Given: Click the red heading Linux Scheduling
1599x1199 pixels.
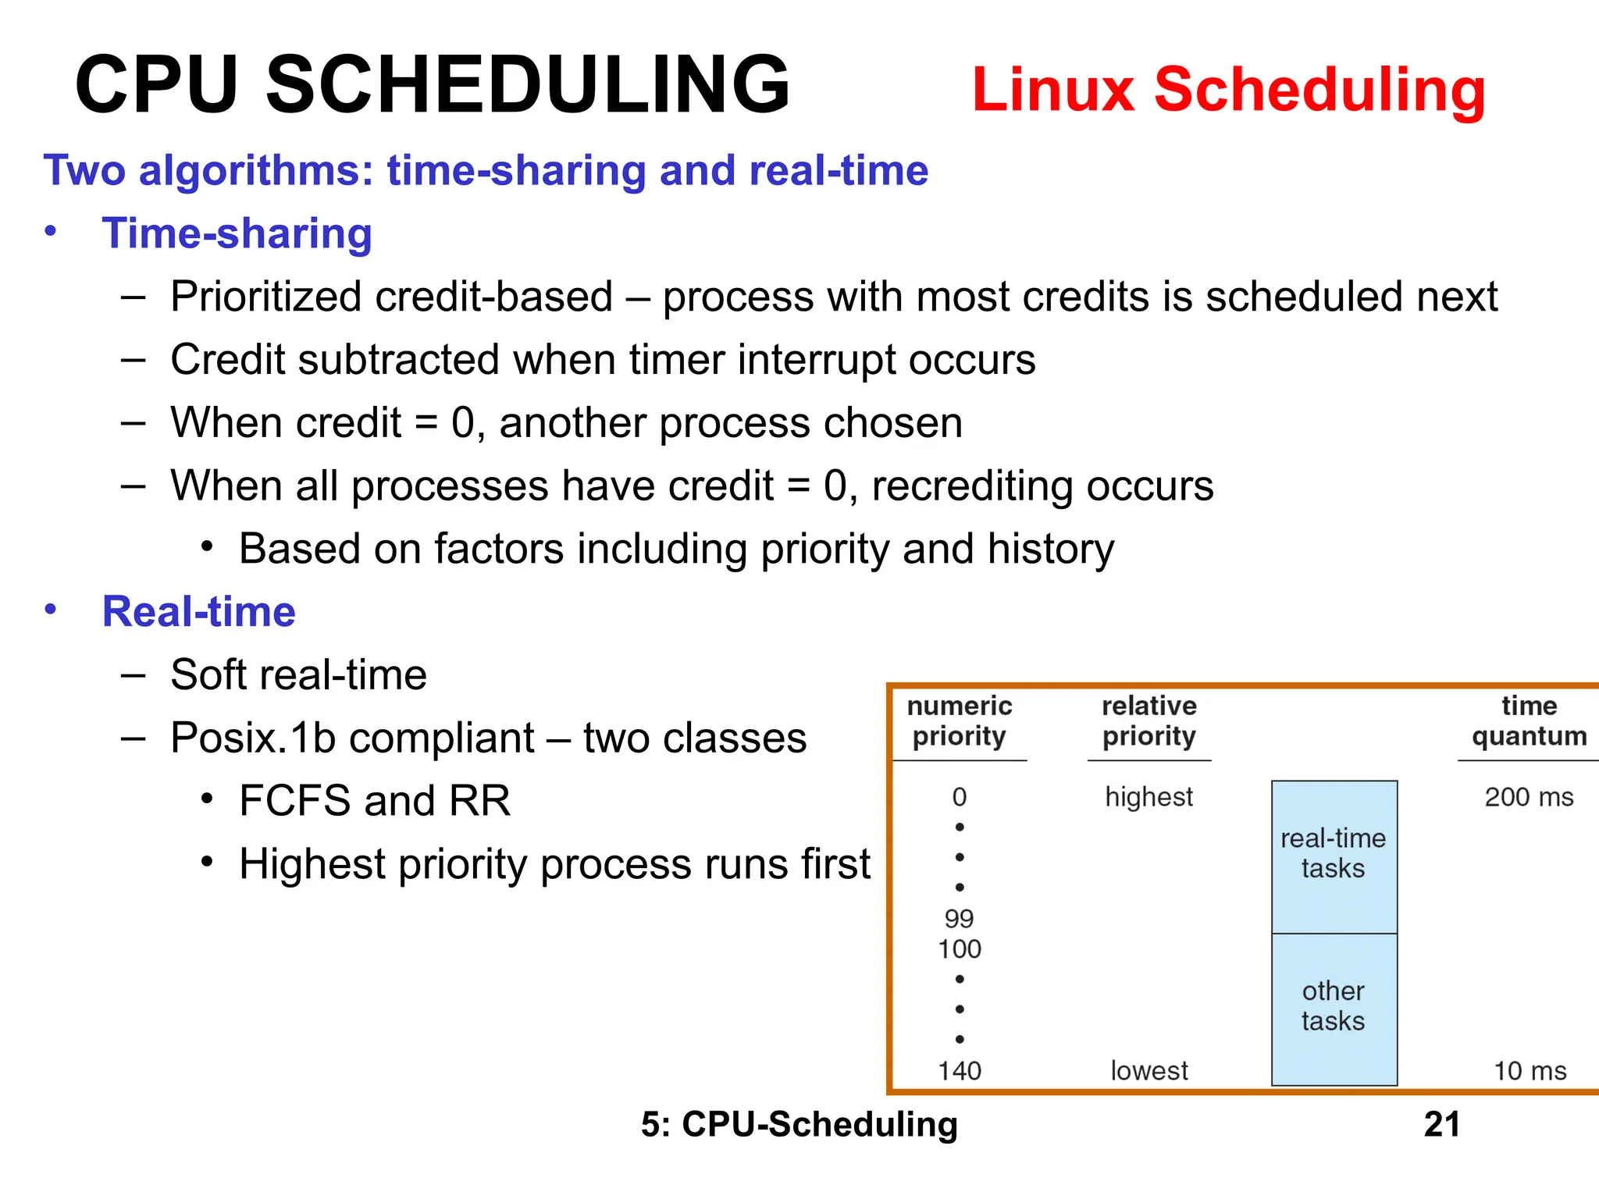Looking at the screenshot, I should [1228, 90].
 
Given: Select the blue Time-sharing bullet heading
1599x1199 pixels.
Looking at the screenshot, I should [237, 233].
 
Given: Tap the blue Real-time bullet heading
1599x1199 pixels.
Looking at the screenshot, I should [198, 611].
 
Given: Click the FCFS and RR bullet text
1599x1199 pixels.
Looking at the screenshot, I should [375, 801].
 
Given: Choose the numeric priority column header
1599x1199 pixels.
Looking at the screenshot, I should [960, 721].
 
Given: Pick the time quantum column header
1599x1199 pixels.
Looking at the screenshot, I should [1529, 721].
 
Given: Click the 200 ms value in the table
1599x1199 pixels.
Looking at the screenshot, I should [1529, 797].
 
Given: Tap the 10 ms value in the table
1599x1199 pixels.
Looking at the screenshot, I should [1530, 1071].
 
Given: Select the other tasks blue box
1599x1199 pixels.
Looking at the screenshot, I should [1334, 1007].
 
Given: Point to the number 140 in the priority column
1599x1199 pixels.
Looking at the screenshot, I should [960, 1071].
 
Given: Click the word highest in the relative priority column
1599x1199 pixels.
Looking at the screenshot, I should [1149, 797].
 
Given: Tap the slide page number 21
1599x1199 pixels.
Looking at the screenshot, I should [1441, 1125].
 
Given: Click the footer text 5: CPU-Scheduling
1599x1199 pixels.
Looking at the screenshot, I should [799, 1125].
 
